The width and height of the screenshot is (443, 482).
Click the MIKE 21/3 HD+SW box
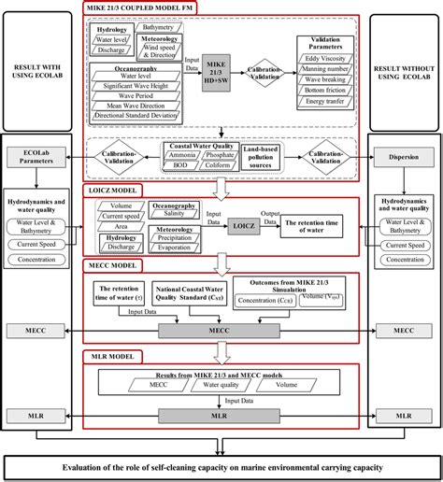217,74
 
